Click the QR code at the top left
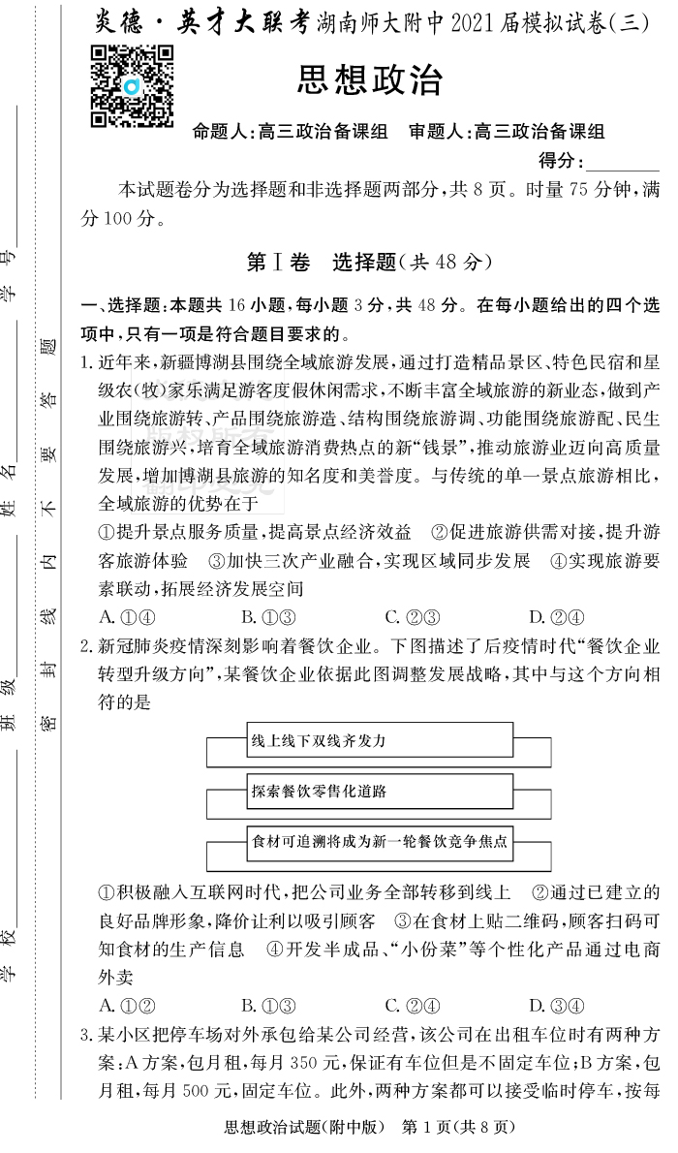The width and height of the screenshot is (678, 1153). click(132, 85)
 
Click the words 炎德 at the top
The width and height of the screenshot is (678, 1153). click(119, 26)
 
